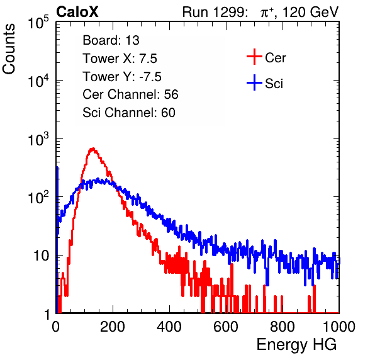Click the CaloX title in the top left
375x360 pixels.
click(77, 12)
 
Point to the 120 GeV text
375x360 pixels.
click(311, 12)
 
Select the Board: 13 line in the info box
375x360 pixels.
click(111, 40)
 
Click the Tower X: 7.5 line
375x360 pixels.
click(120, 59)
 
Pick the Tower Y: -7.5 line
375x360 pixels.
click(122, 77)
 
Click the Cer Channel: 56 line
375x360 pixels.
click(130, 94)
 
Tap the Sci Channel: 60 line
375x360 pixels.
click(129, 113)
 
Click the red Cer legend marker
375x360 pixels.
click(254, 57)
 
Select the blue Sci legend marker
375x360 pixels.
click(254, 83)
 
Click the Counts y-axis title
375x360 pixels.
click(9, 49)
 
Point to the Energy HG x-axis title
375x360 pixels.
click(296, 345)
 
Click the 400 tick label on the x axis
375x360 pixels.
click(169, 326)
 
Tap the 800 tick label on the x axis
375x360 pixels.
click(283, 326)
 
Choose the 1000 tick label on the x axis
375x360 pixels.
click(339, 326)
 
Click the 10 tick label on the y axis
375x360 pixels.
click(41, 256)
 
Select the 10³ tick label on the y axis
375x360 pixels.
click(38, 139)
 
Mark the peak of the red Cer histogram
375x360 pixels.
click(92, 149)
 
